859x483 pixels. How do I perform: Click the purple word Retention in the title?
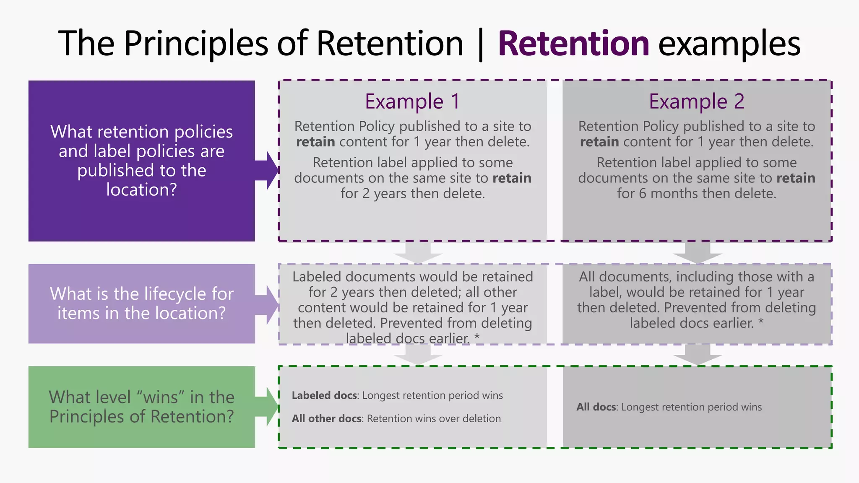point(573,44)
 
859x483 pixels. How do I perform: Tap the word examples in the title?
point(729,44)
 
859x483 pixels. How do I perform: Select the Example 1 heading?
point(412,101)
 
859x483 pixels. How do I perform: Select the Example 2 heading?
point(697,101)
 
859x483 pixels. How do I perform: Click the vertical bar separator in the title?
point(481,44)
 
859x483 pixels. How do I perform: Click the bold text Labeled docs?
point(324,395)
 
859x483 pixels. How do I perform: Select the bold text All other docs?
point(326,418)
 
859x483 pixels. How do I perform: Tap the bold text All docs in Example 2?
point(596,407)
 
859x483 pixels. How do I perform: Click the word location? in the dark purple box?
point(141,190)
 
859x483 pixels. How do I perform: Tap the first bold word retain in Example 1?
point(315,142)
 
